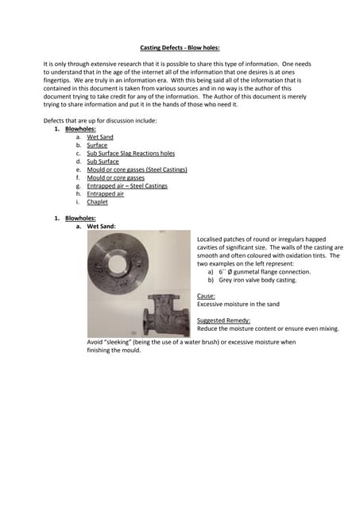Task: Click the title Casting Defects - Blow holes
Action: [x=180, y=48]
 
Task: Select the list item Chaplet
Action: [x=97, y=202]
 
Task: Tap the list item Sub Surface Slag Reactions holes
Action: [x=130, y=153]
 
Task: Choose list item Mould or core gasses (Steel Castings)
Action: [x=133, y=169]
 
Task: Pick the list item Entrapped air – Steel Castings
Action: [x=127, y=185]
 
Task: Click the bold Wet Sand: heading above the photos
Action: [x=101, y=226]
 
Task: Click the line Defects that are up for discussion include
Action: [x=100, y=120]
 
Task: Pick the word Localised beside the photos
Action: [x=213, y=239]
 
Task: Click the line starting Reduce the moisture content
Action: [x=268, y=328]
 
